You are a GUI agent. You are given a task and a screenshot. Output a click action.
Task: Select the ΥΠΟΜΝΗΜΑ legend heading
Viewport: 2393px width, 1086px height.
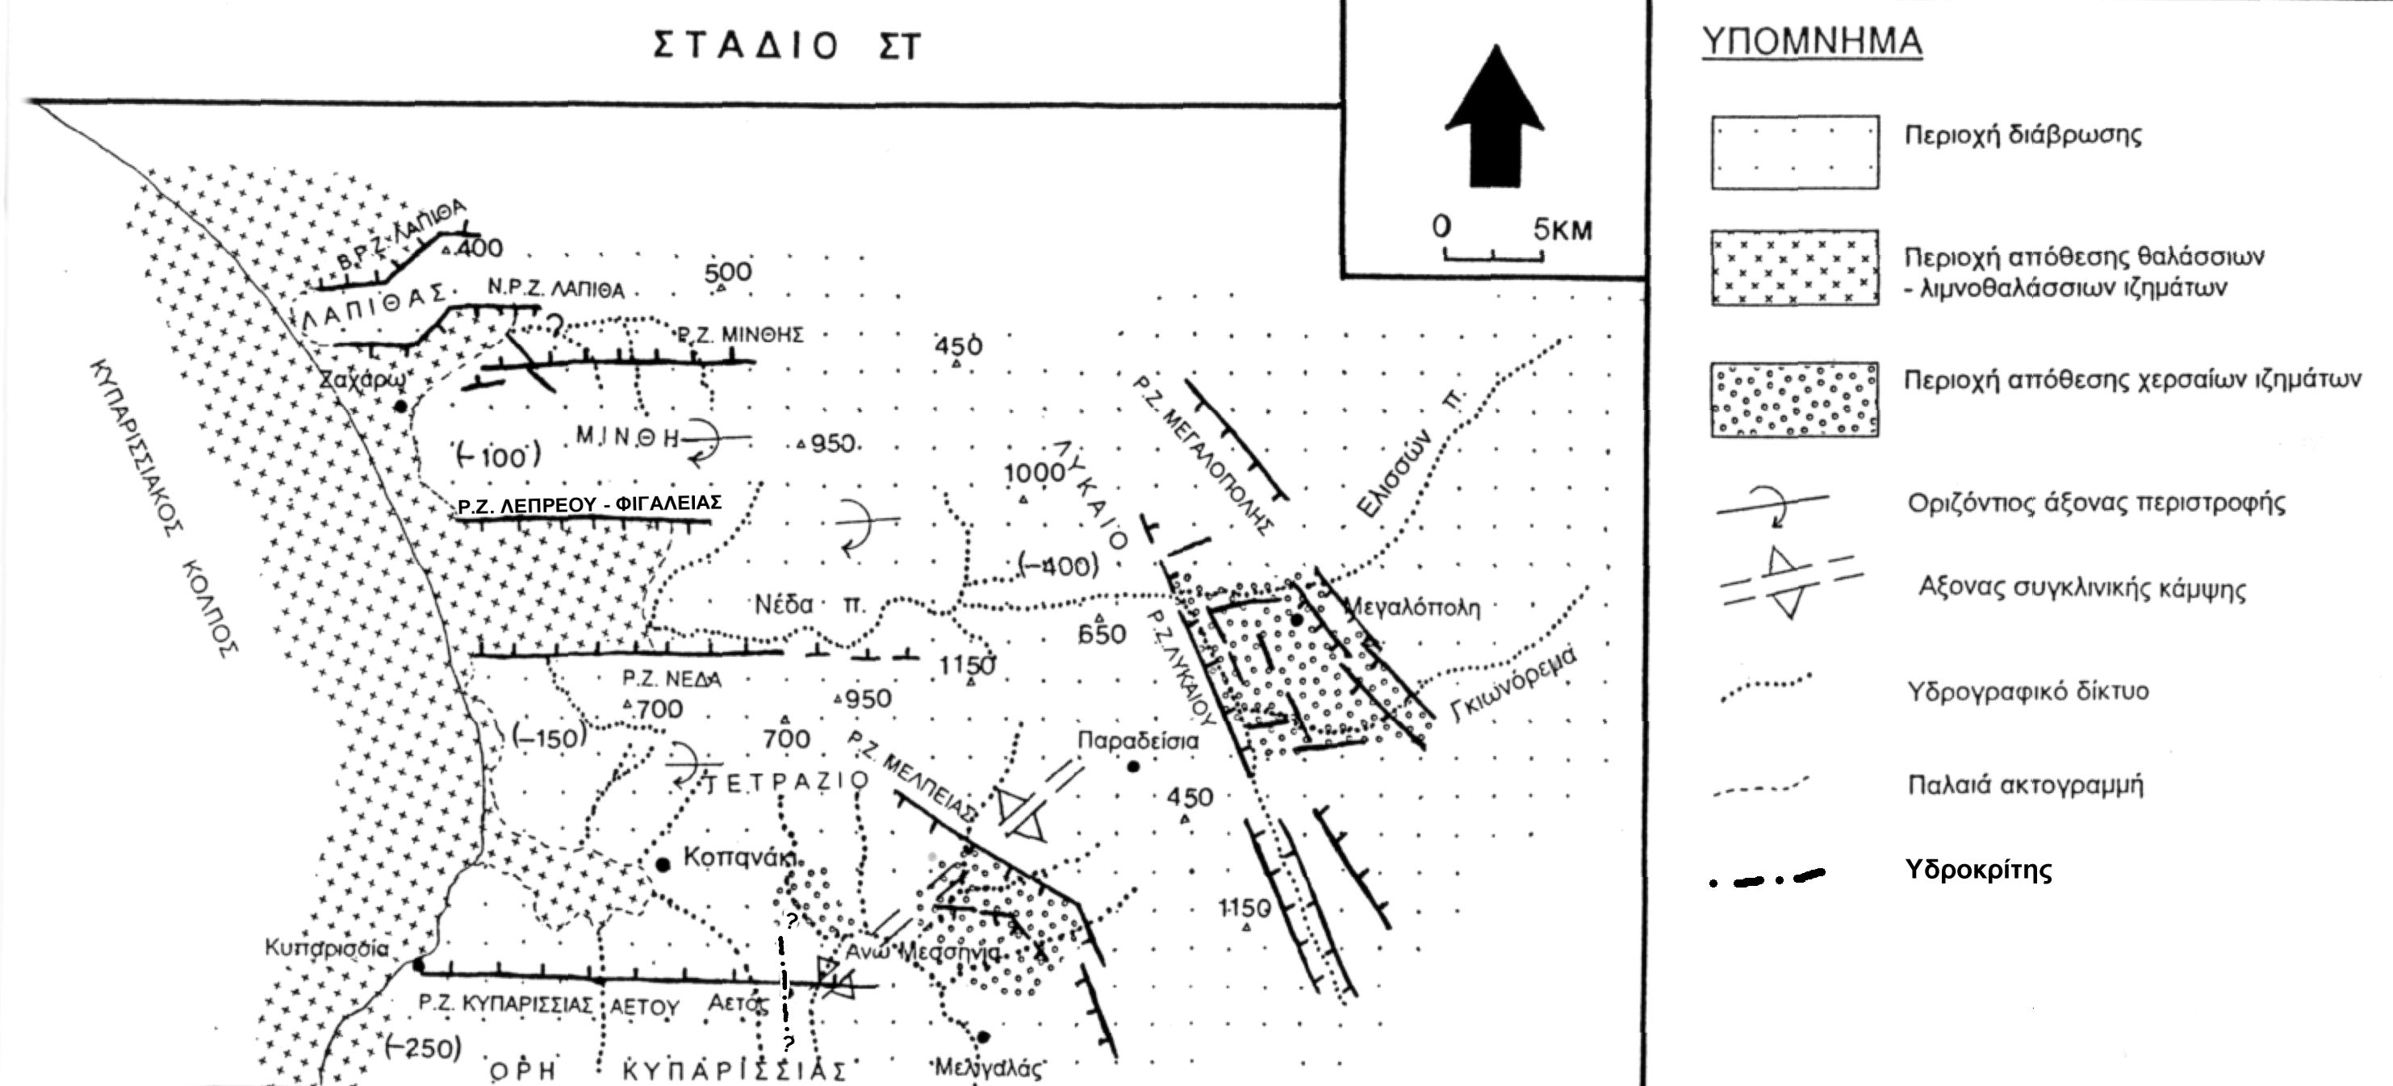1811,43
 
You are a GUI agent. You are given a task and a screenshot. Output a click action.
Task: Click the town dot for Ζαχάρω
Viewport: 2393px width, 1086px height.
400,407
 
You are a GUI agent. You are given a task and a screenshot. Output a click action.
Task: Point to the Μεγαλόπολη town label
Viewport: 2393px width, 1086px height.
1412,608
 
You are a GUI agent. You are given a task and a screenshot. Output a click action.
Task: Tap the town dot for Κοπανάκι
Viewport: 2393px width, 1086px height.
663,865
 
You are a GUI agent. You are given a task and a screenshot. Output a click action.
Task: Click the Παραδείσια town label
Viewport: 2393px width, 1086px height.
1138,741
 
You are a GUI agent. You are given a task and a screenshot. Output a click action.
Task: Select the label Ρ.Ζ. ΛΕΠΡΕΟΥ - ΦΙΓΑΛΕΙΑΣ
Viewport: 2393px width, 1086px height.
590,504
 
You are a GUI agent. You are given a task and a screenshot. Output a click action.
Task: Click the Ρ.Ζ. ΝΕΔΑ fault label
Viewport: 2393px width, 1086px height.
671,679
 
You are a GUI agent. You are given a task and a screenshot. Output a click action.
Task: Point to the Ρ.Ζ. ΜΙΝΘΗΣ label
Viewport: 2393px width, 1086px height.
740,335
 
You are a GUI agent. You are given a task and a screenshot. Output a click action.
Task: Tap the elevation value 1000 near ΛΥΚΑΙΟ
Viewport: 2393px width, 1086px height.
1033,473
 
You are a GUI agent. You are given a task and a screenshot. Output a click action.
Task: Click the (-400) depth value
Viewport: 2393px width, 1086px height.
1058,565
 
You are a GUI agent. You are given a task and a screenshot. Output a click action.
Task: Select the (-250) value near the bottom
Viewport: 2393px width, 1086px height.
422,1049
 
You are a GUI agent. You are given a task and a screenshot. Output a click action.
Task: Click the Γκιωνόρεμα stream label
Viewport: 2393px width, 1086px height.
1514,683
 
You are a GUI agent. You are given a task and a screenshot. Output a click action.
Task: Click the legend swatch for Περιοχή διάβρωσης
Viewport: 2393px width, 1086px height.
1795,152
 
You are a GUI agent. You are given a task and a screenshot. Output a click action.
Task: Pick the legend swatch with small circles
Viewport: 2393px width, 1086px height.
1795,399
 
